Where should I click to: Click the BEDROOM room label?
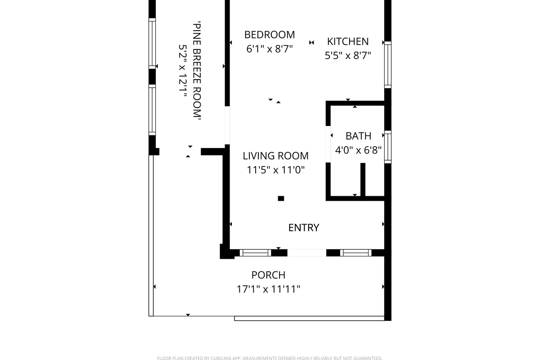[270, 35]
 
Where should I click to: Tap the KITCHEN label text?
[348, 41]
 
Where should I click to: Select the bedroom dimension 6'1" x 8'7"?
[270, 49]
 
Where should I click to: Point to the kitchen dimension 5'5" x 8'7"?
[348, 55]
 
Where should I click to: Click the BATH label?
[359, 136]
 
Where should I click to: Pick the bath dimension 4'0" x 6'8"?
[359, 150]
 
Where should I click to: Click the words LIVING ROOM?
[275, 156]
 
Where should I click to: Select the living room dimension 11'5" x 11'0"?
[275, 170]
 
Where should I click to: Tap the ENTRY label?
[304, 228]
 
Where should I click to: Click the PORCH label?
[268, 275]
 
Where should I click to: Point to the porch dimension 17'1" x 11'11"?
[268, 289]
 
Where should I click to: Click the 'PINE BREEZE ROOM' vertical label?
[197, 70]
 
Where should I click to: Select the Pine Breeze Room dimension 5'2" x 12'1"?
[183, 71]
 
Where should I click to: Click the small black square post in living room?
[281, 198]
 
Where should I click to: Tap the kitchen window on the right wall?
[387, 65]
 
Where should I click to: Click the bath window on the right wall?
[387, 147]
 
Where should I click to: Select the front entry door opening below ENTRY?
[306, 253]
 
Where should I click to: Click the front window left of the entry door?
[255, 253]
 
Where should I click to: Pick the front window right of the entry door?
[356, 253]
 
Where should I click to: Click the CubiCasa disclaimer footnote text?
[270, 358]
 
